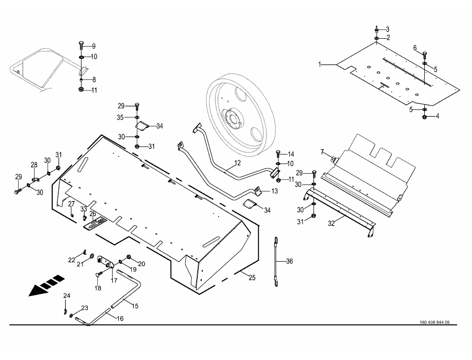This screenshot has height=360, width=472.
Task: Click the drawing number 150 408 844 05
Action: coord(431,322)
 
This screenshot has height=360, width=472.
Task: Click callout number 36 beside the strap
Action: coord(290,261)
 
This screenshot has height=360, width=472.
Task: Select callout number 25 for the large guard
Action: coord(252,278)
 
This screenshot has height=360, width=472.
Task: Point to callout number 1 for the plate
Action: coord(321,64)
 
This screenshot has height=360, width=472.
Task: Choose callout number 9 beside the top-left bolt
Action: coord(92,46)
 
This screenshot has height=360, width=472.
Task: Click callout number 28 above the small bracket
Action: coord(34,165)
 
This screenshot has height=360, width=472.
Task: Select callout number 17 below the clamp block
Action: coord(114,280)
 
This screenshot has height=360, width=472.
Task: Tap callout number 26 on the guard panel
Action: coord(93,214)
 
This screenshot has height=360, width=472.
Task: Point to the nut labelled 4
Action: coord(425,117)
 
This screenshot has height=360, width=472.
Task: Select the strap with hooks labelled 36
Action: coord(275,261)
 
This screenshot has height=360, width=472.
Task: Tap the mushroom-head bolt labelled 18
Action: coord(98,274)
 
